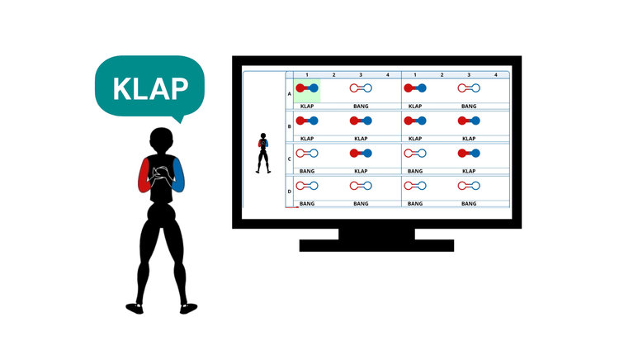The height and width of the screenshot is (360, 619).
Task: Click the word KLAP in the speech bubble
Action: coord(150,89)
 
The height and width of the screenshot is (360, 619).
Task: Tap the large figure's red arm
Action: coord(144,175)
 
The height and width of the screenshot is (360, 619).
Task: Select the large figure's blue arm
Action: coord(178,175)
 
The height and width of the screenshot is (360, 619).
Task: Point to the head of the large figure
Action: coord(162,141)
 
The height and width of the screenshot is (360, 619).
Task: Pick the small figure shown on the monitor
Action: coord(263,153)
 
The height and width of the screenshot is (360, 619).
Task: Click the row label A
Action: coord(290,94)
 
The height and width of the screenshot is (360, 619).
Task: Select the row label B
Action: coord(290,126)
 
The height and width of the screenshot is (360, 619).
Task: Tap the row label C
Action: coord(290,159)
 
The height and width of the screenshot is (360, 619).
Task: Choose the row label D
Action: coord(290,192)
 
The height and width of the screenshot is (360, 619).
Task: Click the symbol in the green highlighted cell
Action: coord(307,88)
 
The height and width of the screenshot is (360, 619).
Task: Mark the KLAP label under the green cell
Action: coord(307,107)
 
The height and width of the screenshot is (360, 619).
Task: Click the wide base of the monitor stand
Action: coord(376,245)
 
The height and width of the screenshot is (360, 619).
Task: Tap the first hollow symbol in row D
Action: coord(307,186)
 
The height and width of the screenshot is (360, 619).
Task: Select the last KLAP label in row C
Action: coord(469,171)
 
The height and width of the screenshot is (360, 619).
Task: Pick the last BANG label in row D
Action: coord(469,204)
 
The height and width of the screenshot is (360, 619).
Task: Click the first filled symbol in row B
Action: coord(307,121)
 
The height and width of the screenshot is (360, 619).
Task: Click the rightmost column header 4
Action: coord(496,75)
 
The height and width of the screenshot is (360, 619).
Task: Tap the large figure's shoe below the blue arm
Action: coord(188,308)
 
